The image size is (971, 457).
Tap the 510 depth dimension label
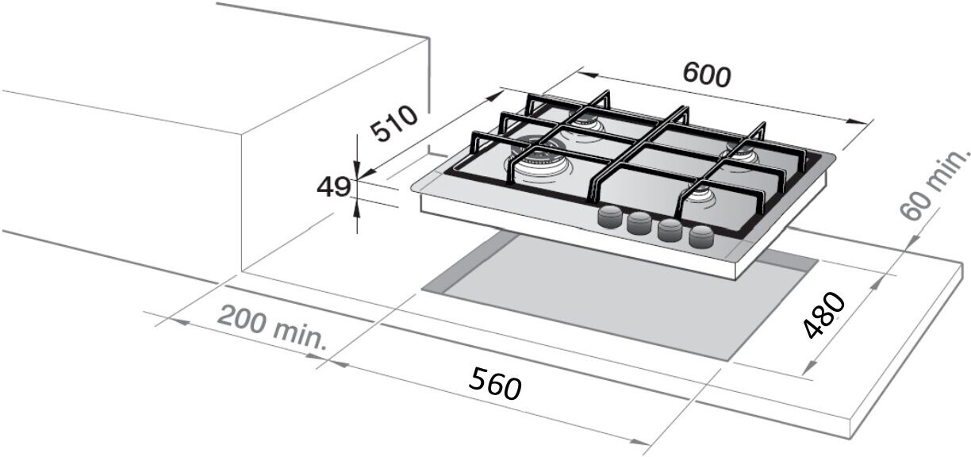point(394,125)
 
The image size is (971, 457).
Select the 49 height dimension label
point(333,187)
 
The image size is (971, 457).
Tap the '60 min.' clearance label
point(935,184)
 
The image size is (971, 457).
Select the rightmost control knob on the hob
point(701,236)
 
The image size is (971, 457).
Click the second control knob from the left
point(639,223)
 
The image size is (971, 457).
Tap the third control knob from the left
point(670,230)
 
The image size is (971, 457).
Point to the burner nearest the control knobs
point(701,198)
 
